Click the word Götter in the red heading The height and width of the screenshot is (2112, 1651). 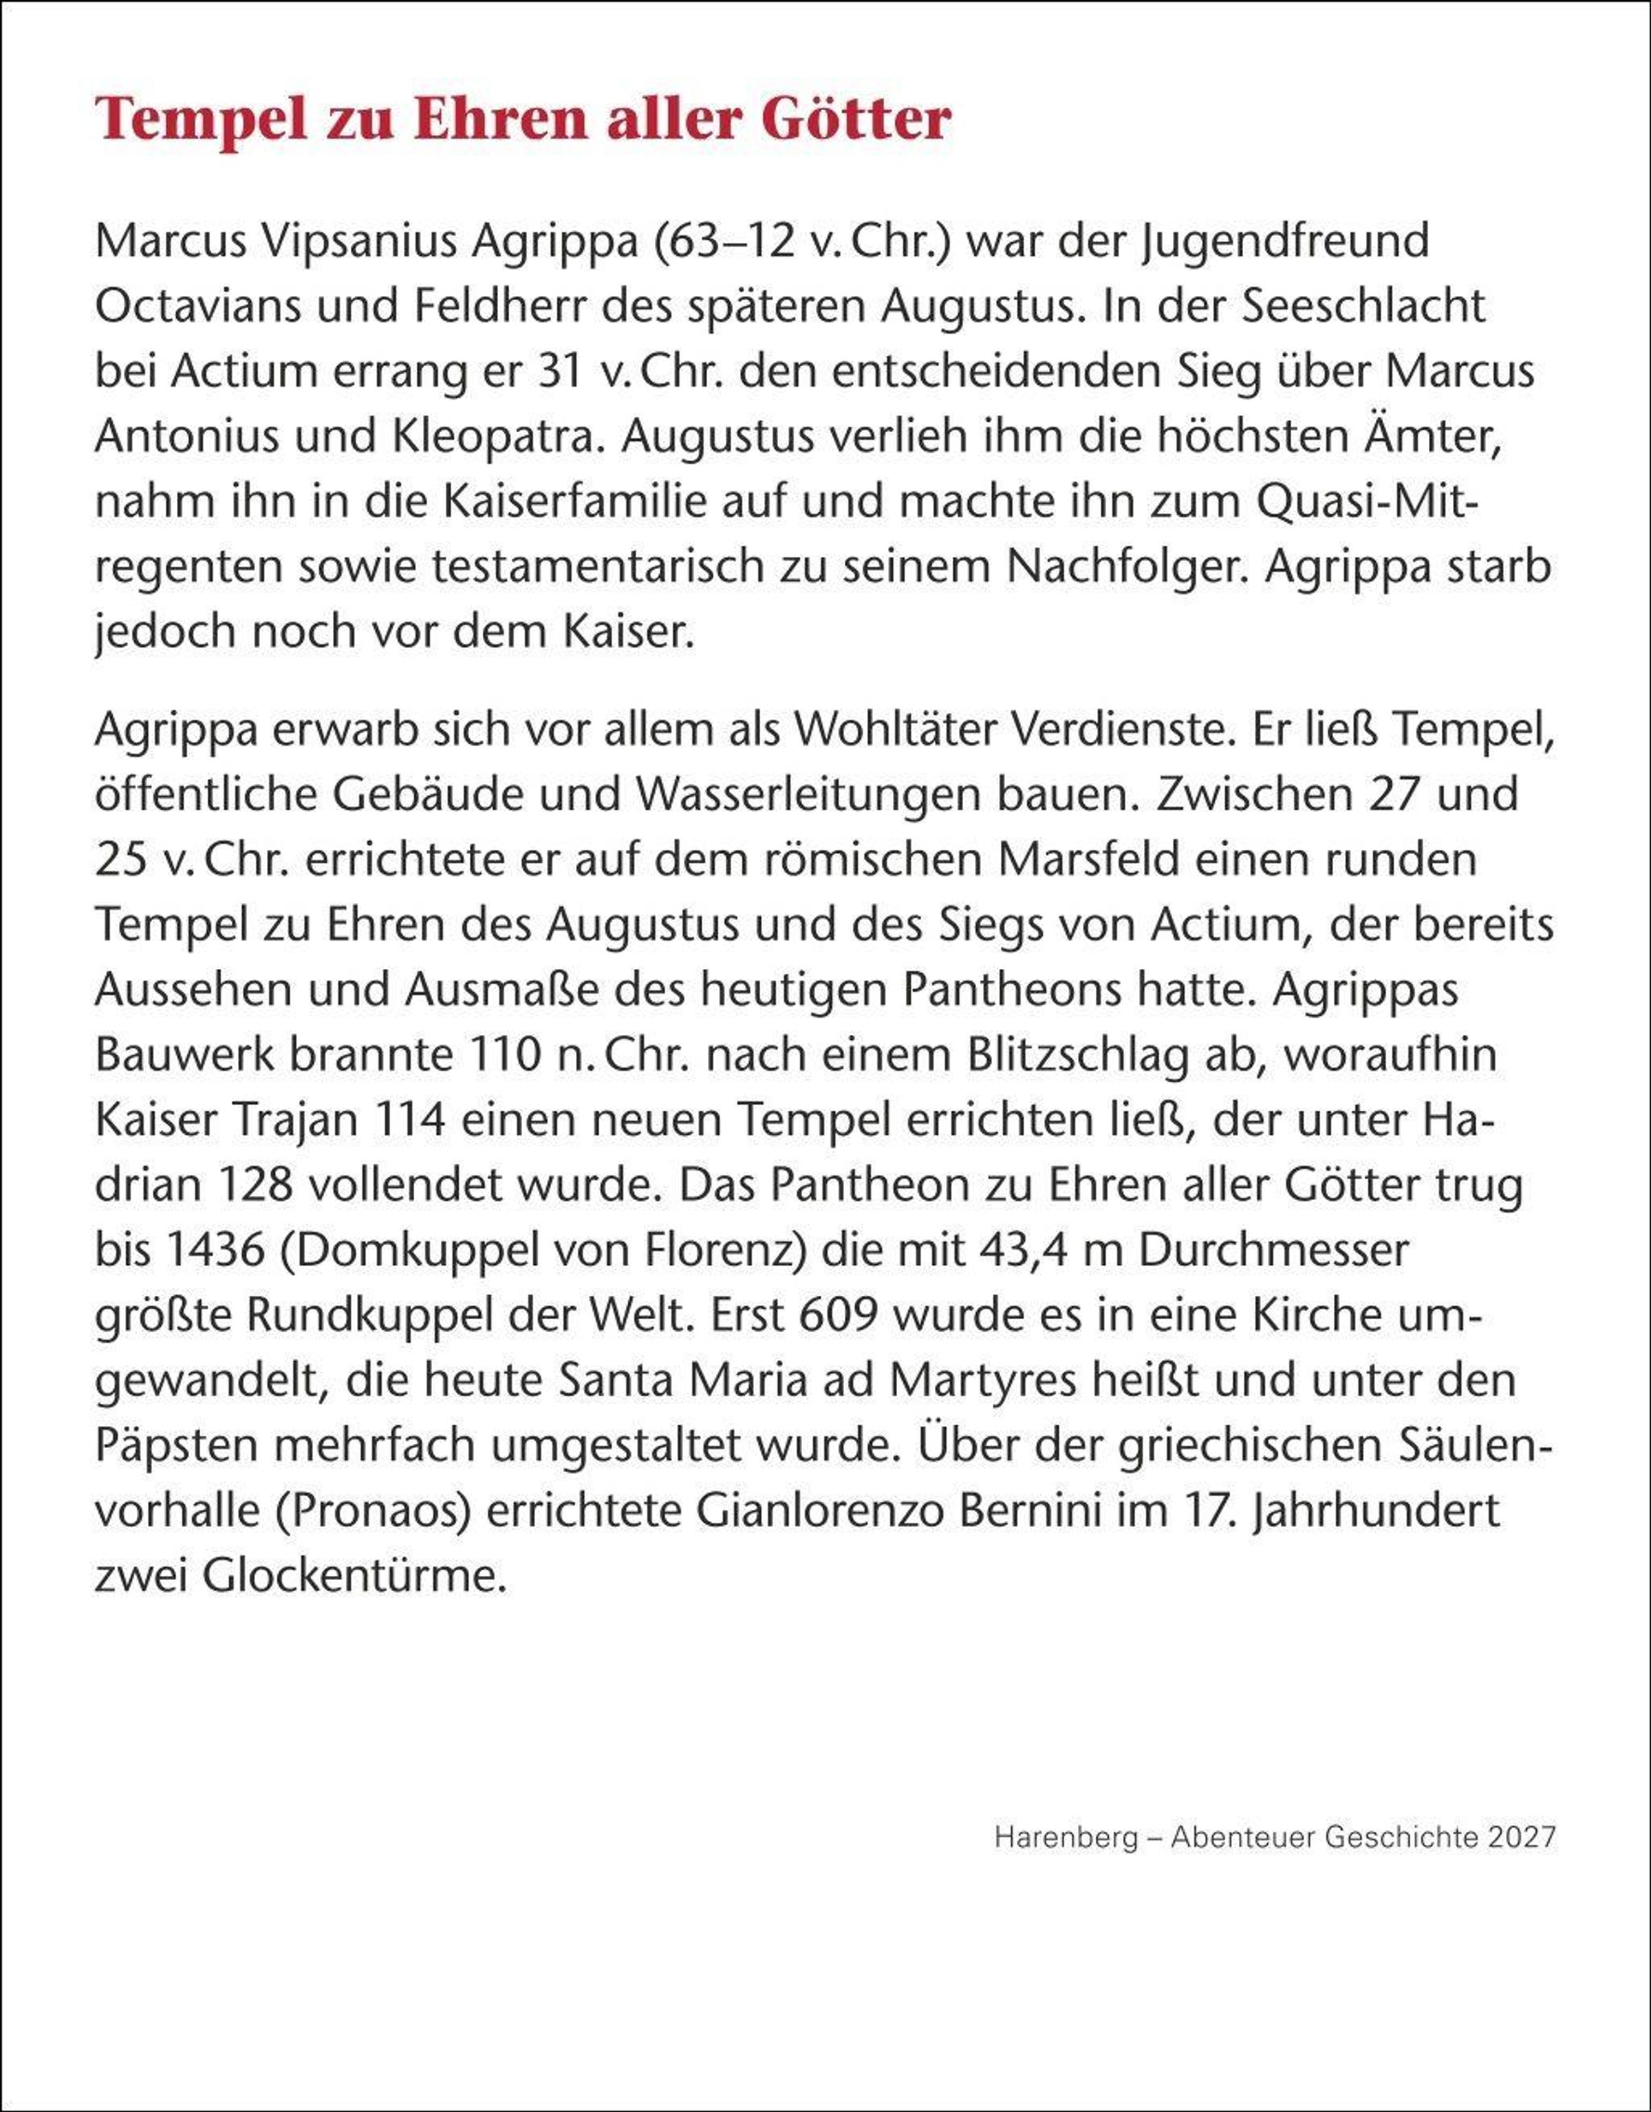coord(856,121)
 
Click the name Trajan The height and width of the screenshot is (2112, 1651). coord(296,1120)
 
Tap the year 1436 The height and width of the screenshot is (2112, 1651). coord(215,1250)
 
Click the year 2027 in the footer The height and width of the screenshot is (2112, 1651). coord(1522,1837)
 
